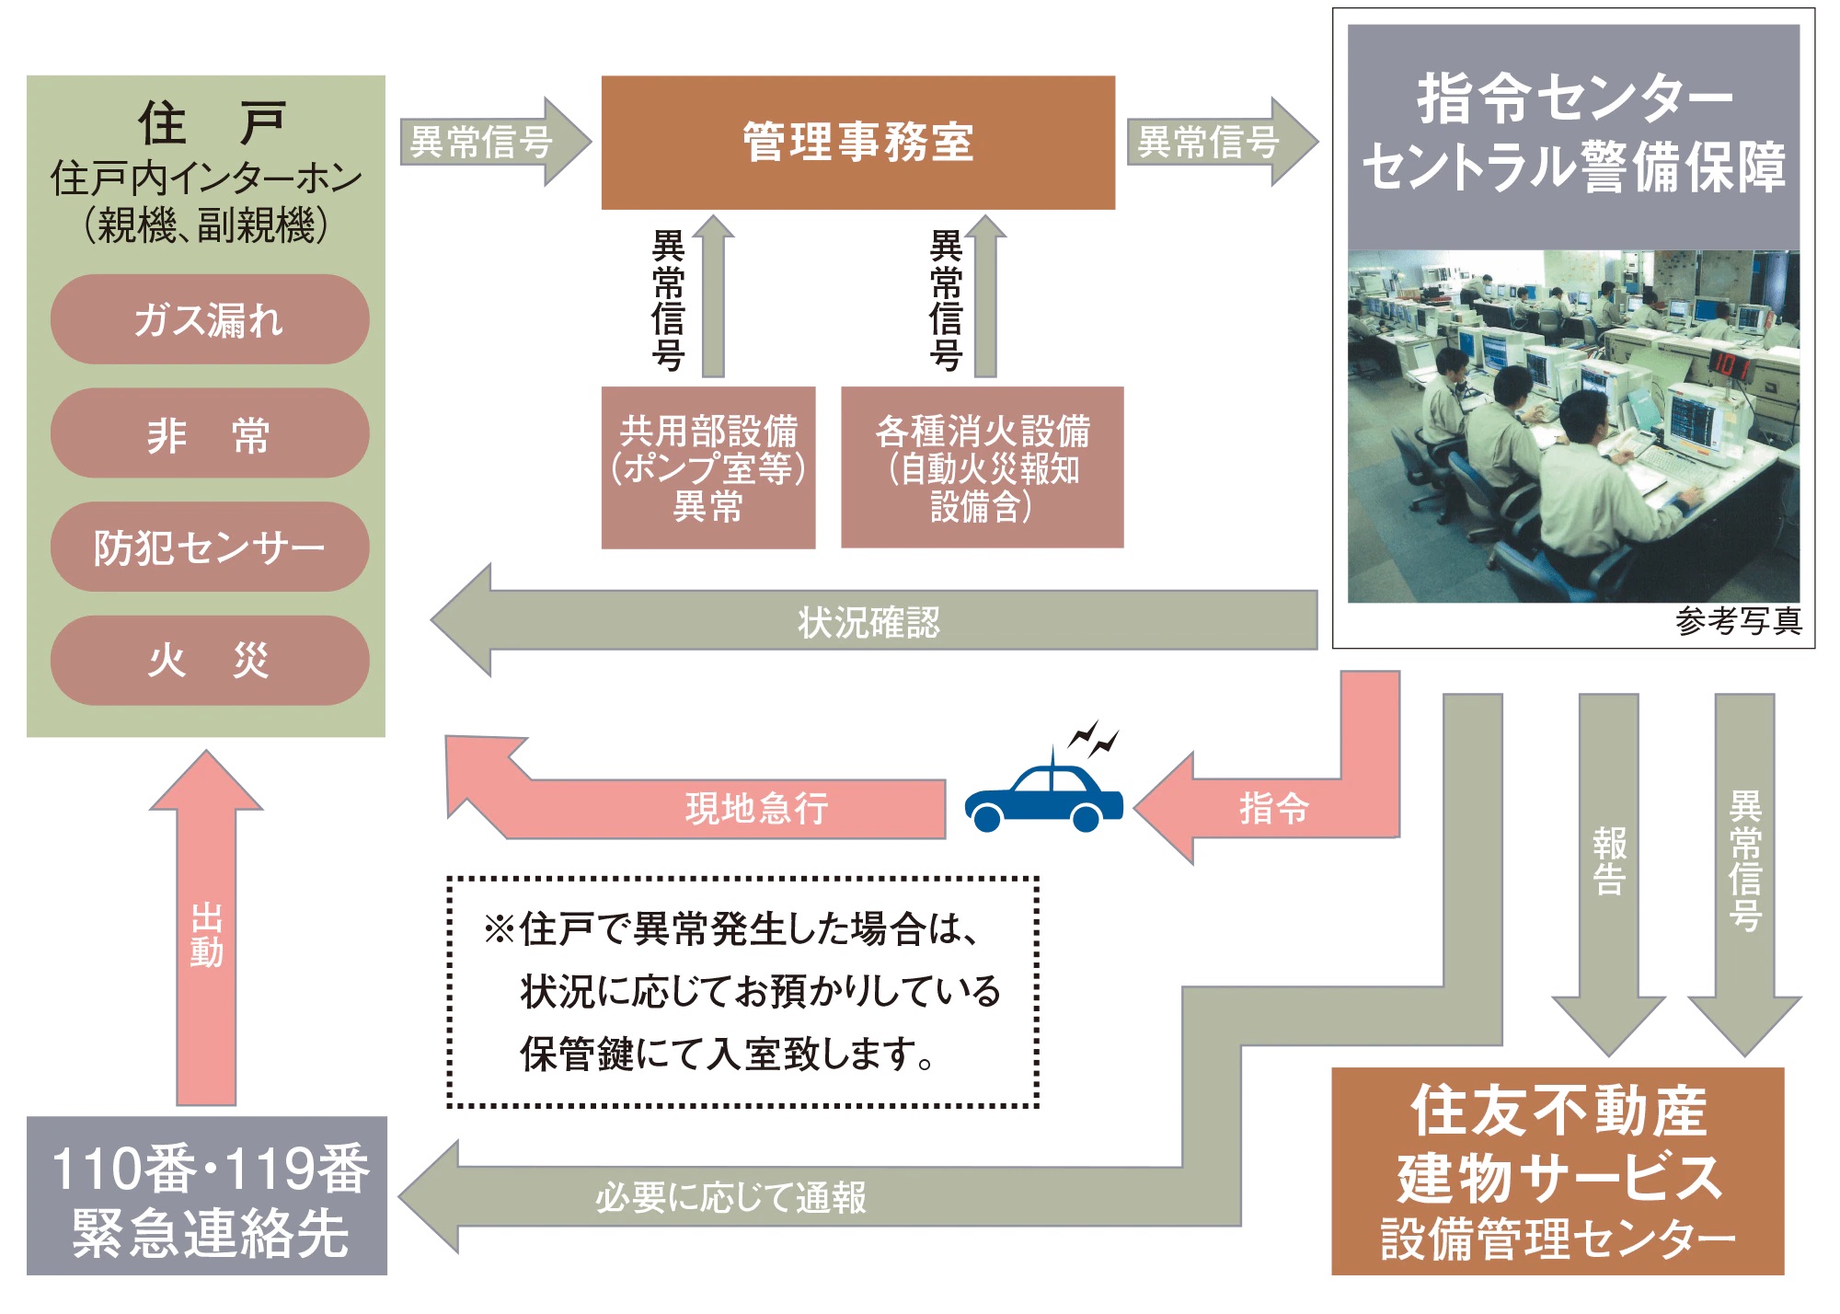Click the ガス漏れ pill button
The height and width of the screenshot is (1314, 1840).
point(210,319)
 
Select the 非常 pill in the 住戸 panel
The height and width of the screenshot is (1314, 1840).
point(210,433)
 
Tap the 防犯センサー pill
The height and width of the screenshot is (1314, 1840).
point(210,547)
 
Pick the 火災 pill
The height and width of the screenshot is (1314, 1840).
point(210,661)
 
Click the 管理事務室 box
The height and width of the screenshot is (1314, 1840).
point(857,143)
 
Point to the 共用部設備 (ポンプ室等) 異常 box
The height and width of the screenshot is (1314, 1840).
point(707,467)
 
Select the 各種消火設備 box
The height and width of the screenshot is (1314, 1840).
point(982,467)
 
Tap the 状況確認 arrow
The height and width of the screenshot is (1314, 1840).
point(868,622)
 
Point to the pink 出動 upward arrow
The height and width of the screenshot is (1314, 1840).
point(206,934)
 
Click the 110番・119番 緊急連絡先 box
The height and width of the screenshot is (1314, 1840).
point(207,1197)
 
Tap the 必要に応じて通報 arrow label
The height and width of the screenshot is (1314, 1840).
point(730,1197)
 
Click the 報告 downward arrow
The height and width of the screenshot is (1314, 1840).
point(1608,860)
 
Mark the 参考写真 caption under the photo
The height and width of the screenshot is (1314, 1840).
point(1738,622)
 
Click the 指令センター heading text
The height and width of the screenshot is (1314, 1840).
point(1574,98)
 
